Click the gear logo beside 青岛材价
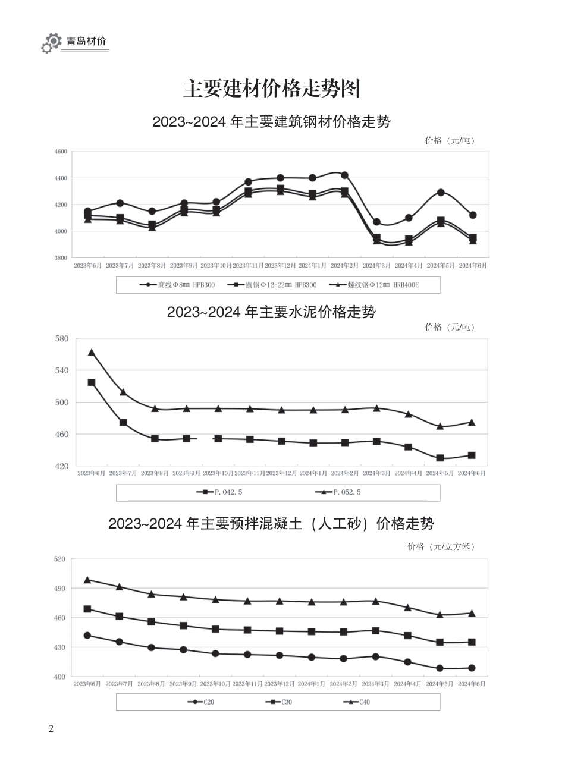51,43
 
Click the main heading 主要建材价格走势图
271,89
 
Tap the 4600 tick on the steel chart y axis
61,152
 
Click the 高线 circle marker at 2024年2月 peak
344,175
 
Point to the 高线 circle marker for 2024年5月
441,192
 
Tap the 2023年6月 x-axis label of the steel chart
87,266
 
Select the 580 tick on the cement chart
62,339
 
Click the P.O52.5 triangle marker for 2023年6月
92,353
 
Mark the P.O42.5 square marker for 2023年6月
92,382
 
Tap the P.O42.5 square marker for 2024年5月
440,458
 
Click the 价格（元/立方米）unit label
441,546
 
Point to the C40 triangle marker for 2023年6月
87,580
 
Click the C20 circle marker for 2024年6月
472,668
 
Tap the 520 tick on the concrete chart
59,559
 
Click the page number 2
51,729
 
